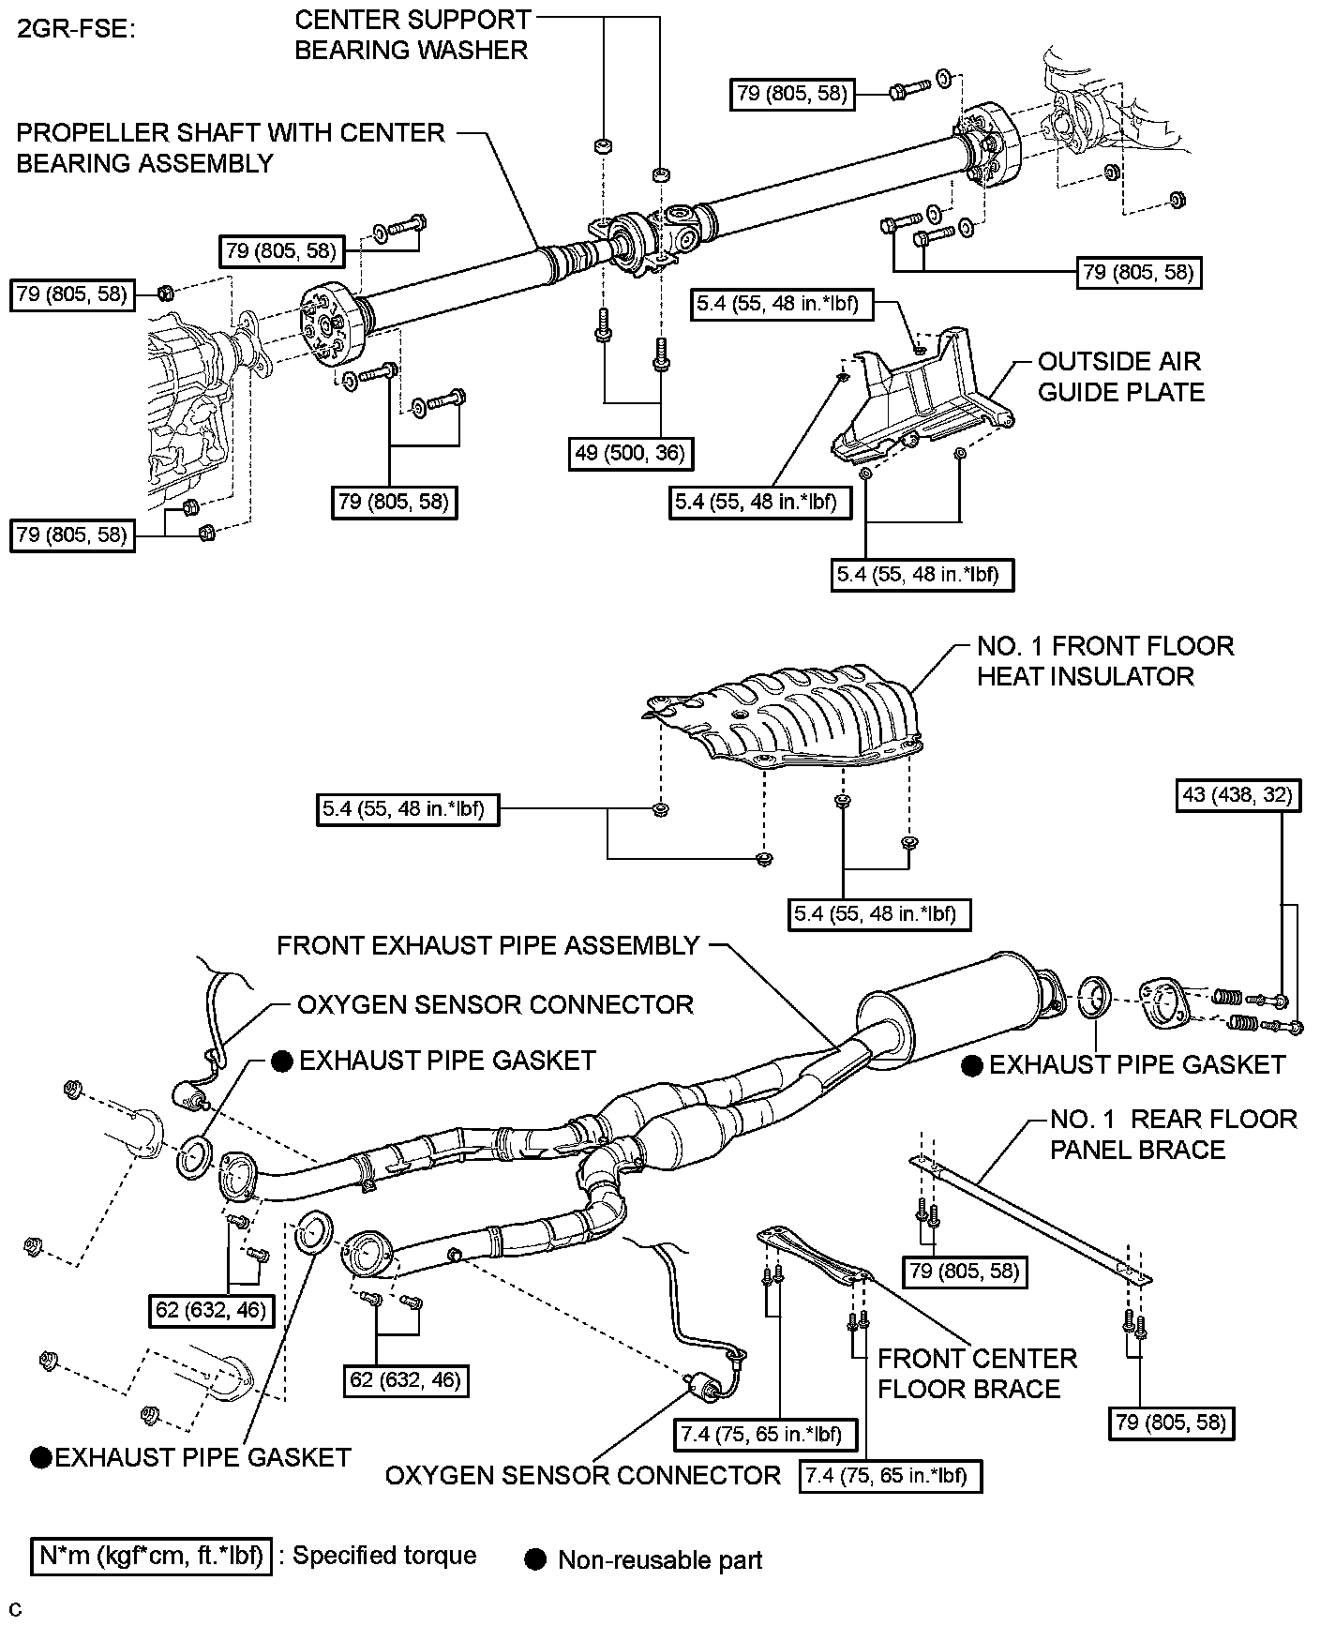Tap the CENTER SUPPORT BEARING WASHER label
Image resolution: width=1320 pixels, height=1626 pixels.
[x=412, y=35]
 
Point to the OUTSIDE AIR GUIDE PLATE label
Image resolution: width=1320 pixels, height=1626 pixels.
[x=1120, y=377]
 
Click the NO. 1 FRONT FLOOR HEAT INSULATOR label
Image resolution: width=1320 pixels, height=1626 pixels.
[x=1104, y=661]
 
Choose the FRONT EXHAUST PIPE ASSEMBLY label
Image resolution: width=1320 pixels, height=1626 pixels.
[x=488, y=945]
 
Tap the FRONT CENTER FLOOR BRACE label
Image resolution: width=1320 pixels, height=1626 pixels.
[x=977, y=1374]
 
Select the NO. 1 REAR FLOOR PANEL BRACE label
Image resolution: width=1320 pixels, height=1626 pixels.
[x=1173, y=1135]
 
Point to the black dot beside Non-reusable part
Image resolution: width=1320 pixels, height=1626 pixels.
[x=536, y=1560]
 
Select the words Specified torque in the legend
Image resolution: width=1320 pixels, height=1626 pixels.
[x=384, y=1556]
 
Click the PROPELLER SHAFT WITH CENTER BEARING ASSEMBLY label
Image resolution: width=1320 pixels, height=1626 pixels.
[x=231, y=147]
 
